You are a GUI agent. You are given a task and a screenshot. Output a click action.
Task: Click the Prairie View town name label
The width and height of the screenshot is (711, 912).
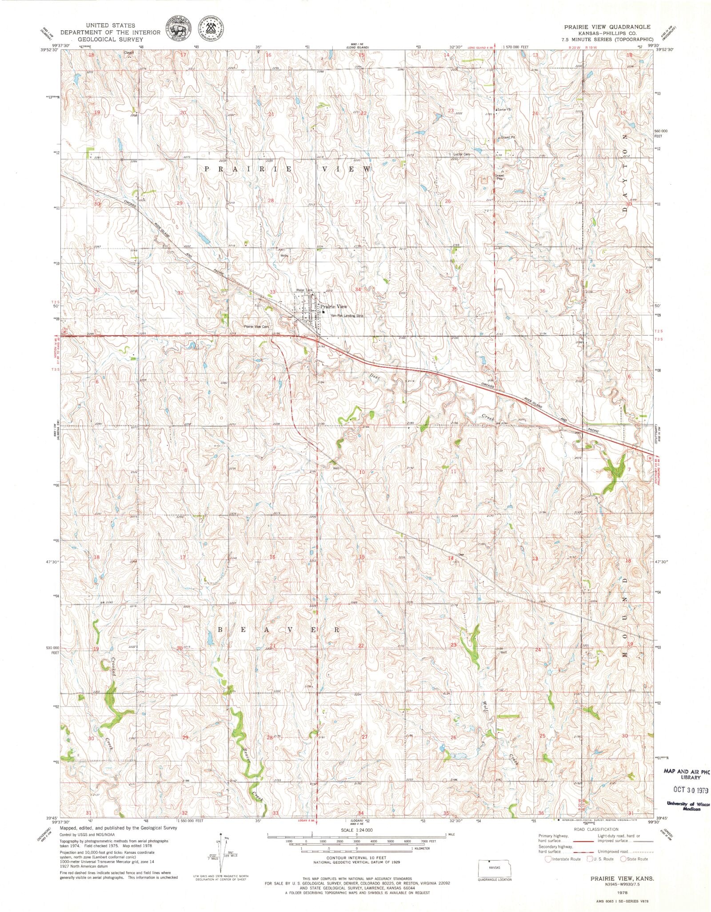pos(334,306)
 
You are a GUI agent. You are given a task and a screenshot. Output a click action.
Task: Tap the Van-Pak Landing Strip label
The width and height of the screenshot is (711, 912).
pos(347,316)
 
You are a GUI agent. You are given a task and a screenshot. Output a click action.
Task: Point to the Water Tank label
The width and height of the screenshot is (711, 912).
pos(304,290)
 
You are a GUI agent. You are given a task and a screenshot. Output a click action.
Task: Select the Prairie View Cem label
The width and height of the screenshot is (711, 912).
pos(257,326)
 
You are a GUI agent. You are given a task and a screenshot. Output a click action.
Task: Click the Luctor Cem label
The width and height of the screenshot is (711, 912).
pos(460,154)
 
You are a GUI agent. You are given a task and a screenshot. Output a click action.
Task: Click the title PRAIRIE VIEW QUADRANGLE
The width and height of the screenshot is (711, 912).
pos(607,27)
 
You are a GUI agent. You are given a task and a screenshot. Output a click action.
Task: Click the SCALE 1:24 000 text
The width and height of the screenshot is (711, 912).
pos(357,830)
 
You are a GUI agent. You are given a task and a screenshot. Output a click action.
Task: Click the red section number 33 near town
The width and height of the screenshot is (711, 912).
pos(273,292)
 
